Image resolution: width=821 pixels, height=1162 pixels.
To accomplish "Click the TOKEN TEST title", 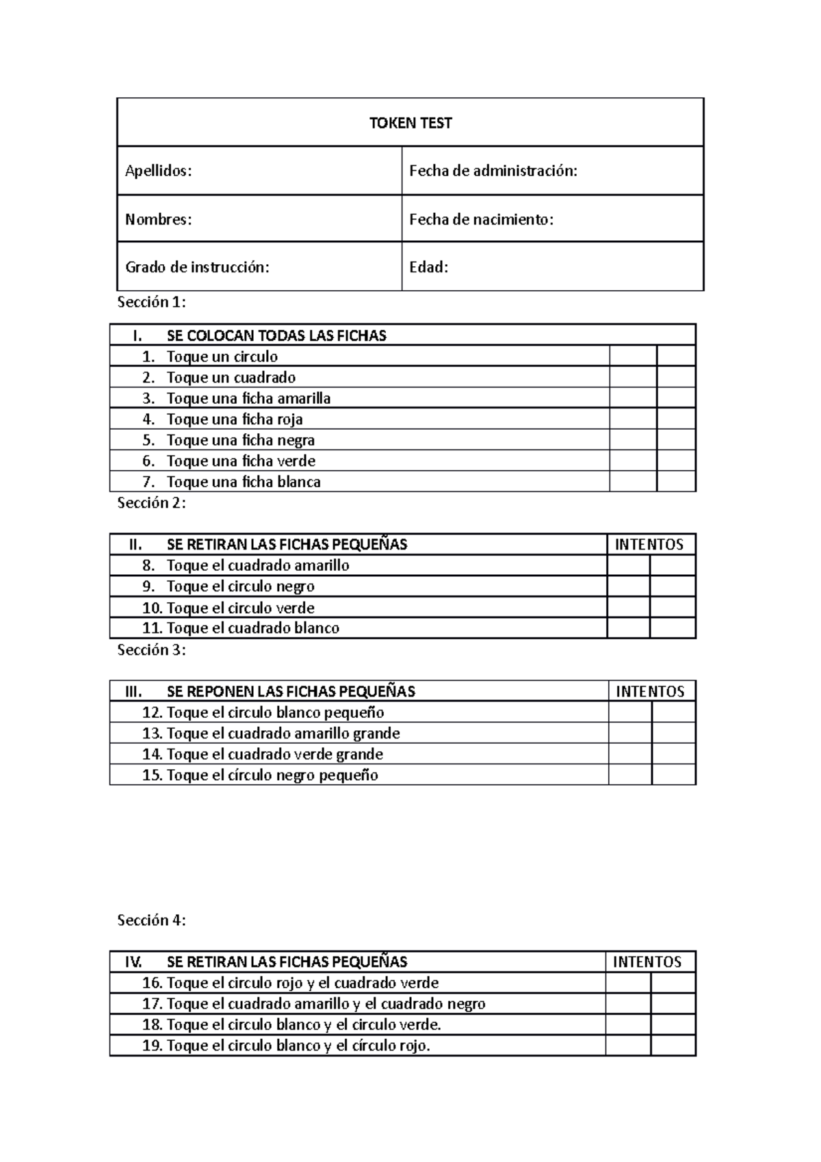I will (410, 123).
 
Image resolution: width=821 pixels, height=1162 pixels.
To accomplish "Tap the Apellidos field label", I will (158, 171).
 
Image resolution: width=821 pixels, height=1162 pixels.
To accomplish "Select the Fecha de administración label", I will (493, 171).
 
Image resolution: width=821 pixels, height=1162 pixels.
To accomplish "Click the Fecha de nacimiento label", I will (481, 220).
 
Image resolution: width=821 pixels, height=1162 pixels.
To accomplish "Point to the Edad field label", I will (428, 268).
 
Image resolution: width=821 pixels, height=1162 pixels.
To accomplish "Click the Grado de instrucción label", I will (197, 268).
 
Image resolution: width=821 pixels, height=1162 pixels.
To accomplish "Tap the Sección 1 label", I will (151, 302).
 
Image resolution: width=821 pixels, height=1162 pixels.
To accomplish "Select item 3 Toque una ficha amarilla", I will (248, 398).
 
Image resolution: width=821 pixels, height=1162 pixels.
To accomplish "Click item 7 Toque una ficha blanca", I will (244, 482).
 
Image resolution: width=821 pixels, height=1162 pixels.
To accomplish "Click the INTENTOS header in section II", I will (649, 545).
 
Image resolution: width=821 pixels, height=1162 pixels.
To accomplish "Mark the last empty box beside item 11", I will (673, 628).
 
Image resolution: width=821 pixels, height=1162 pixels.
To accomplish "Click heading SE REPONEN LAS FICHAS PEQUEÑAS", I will (291, 691).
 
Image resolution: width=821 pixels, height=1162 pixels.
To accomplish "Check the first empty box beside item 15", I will (629, 775).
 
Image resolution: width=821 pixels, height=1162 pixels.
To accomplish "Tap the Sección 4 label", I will (151, 920).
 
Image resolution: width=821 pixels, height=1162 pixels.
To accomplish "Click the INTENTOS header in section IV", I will (647, 962).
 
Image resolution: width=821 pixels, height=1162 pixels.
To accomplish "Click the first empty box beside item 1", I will (633, 356).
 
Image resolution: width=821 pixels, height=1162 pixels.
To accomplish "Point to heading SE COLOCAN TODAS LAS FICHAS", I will (276, 335).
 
